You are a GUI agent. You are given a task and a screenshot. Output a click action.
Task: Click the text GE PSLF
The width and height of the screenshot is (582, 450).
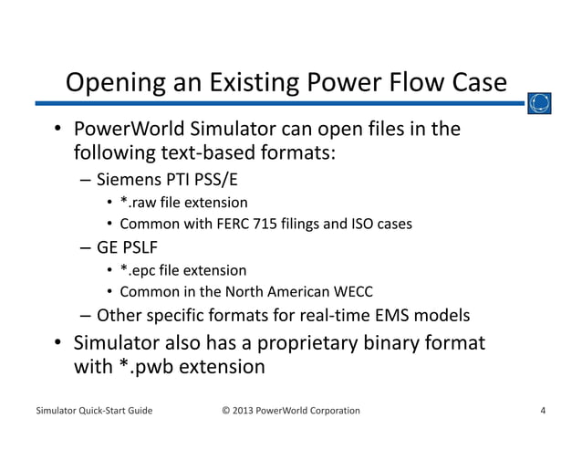point(129,247)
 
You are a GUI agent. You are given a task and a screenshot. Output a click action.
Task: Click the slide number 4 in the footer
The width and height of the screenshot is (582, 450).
point(543,410)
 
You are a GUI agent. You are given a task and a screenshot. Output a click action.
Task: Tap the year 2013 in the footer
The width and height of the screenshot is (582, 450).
point(245,410)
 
